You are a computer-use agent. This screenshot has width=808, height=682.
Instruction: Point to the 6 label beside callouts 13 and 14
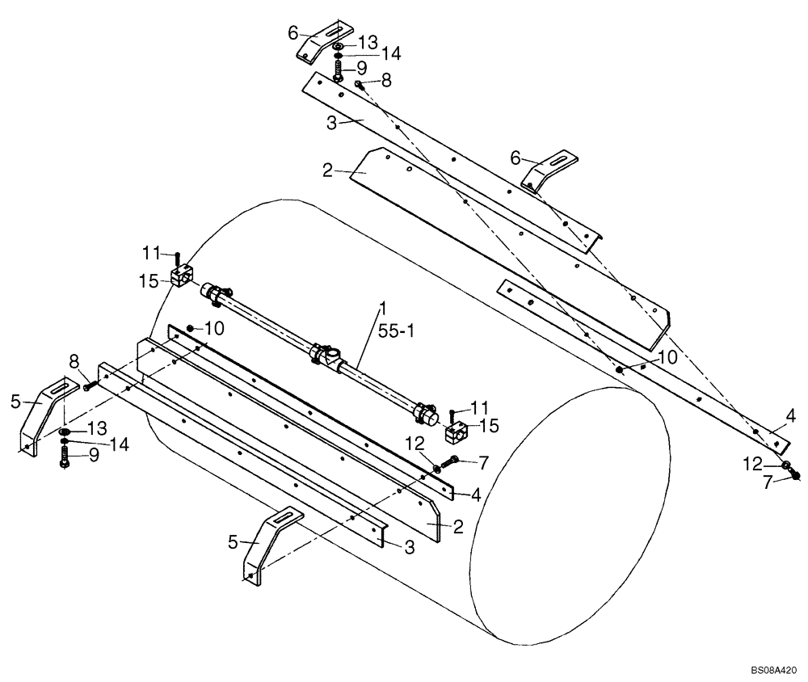click(x=293, y=32)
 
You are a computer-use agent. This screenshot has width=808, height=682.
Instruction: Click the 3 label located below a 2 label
click(x=409, y=548)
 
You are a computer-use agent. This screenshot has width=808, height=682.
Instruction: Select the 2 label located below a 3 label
click(x=327, y=170)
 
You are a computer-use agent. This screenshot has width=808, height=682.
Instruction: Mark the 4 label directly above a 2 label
click(x=477, y=494)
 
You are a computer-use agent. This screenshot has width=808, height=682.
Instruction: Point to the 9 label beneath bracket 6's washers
click(x=361, y=68)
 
